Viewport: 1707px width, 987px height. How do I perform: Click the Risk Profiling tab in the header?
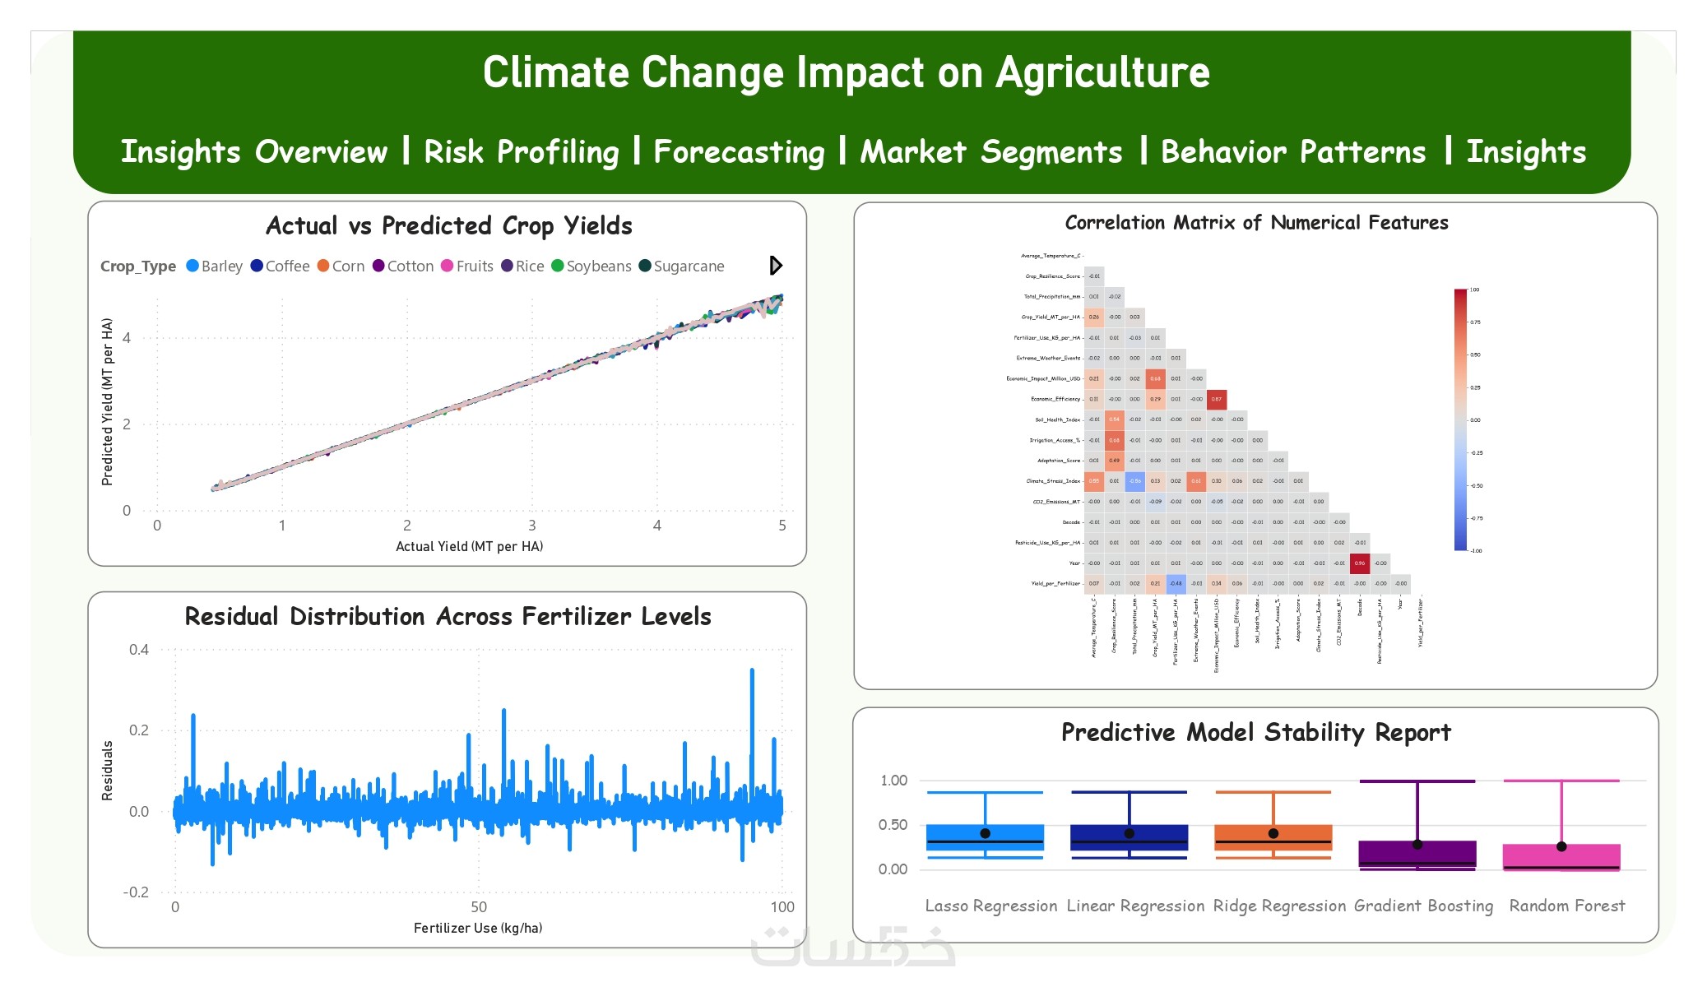[521, 152]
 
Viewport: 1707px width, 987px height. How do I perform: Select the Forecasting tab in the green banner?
[739, 152]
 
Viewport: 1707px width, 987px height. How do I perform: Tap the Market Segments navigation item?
[990, 152]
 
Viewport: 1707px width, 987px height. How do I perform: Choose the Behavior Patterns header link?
[1293, 152]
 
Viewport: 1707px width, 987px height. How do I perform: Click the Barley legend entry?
[215, 266]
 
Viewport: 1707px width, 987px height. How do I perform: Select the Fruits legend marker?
[448, 266]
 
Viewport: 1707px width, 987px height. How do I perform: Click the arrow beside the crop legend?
[776, 266]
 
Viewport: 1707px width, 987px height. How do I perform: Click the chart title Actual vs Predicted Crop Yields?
[449, 226]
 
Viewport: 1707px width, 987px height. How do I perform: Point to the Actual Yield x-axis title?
[469, 546]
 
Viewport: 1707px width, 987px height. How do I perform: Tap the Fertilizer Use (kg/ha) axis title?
[477, 928]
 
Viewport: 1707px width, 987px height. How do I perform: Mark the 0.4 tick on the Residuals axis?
[139, 650]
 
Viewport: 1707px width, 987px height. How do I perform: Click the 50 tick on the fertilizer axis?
[479, 906]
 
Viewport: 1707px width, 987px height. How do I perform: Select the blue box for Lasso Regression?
[985, 837]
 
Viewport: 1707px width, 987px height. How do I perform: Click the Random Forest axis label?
[1566, 906]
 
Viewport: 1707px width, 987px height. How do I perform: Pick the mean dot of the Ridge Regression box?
[1273, 833]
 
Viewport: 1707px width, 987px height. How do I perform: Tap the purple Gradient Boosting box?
[1417, 854]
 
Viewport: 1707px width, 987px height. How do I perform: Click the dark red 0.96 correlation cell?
[1360, 563]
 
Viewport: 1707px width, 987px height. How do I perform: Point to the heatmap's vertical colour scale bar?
[1460, 419]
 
